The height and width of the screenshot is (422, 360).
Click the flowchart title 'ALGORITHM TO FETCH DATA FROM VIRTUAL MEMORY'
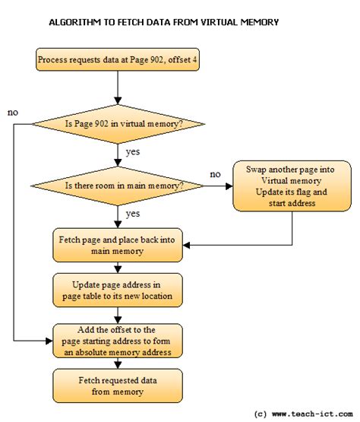(164, 22)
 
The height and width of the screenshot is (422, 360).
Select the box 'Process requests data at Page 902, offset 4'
(117, 60)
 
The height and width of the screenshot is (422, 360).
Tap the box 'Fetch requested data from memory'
(117, 385)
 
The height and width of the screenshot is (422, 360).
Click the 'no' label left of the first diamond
(13, 113)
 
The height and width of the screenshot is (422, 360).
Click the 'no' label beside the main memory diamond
(215, 175)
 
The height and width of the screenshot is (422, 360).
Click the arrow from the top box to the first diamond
(117, 87)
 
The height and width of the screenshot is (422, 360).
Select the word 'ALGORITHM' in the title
(74, 22)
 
